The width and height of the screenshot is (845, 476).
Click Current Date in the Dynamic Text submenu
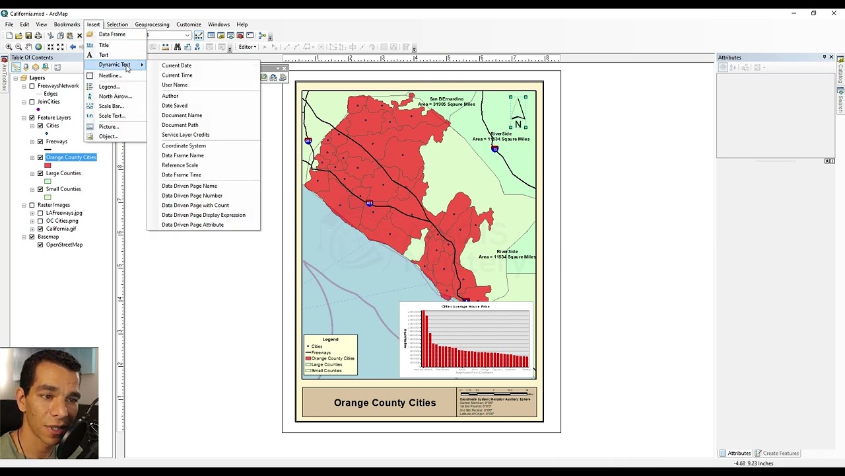[x=176, y=65]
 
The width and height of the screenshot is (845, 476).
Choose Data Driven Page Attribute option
[x=192, y=225]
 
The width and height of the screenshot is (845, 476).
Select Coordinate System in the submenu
[x=184, y=145]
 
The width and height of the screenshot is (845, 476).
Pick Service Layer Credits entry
[x=185, y=135]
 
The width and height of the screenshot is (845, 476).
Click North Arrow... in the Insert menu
[x=115, y=97]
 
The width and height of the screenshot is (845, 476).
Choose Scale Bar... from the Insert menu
[x=111, y=106]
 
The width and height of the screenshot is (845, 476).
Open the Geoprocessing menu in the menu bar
[x=152, y=24]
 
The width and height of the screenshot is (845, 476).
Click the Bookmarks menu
[x=67, y=24]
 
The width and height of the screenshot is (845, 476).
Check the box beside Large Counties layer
[x=40, y=173]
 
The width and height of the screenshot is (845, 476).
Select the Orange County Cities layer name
[x=71, y=157]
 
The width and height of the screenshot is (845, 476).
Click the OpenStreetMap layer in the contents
[x=64, y=245]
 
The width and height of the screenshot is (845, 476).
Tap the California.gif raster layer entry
[x=61, y=229]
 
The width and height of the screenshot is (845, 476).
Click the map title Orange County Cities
[x=384, y=403]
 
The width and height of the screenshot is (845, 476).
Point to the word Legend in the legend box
[x=330, y=339]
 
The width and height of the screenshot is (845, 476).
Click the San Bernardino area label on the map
[x=452, y=101]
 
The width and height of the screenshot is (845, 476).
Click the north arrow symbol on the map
[x=518, y=112]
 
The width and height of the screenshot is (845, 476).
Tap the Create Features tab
[x=780, y=454]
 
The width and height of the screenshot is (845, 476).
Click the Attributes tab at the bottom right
[x=738, y=454]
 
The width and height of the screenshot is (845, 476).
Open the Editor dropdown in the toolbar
[x=248, y=47]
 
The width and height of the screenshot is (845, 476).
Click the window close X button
[x=834, y=13]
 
